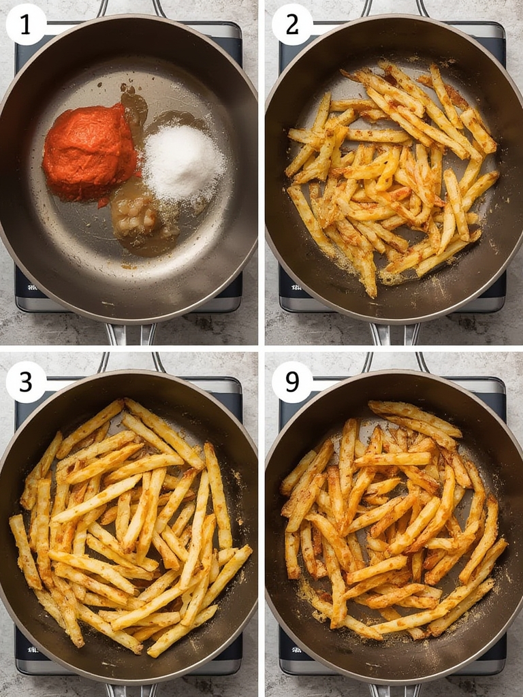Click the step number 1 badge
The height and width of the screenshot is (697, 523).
click(x=26, y=25)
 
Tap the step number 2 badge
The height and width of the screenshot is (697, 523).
click(x=292, y=25)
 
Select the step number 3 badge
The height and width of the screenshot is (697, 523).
click(x=26, y=382)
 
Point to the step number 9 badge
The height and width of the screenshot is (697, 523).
click(x=292, y=382)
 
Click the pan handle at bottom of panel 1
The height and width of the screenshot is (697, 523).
click(x=131, y=334)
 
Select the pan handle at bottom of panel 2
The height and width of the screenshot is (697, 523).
click(x=394, y=334)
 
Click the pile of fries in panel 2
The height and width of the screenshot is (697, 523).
click(x=392, y=178)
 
